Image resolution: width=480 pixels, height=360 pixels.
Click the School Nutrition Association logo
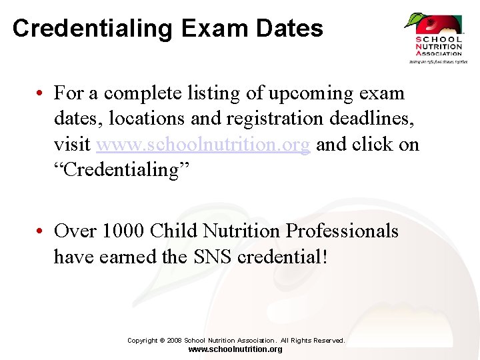click(x=437, y=38)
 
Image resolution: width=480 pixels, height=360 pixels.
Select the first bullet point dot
click(x=41, y=93)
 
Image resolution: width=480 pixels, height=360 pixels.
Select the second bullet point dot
click(x=41, y=232)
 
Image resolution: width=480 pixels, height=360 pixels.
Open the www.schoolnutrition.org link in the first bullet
click(x=203, y=145)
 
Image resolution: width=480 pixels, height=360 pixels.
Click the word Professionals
click(x=342, y=231)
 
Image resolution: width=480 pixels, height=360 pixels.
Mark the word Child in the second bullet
click(x=173, y=231)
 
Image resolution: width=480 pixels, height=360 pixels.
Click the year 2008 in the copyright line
click(x=174, y=341)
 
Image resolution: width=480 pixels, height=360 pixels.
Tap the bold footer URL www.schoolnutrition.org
click(x=235, y=349)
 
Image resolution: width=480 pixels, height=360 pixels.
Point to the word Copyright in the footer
click(x=143, y=341)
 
